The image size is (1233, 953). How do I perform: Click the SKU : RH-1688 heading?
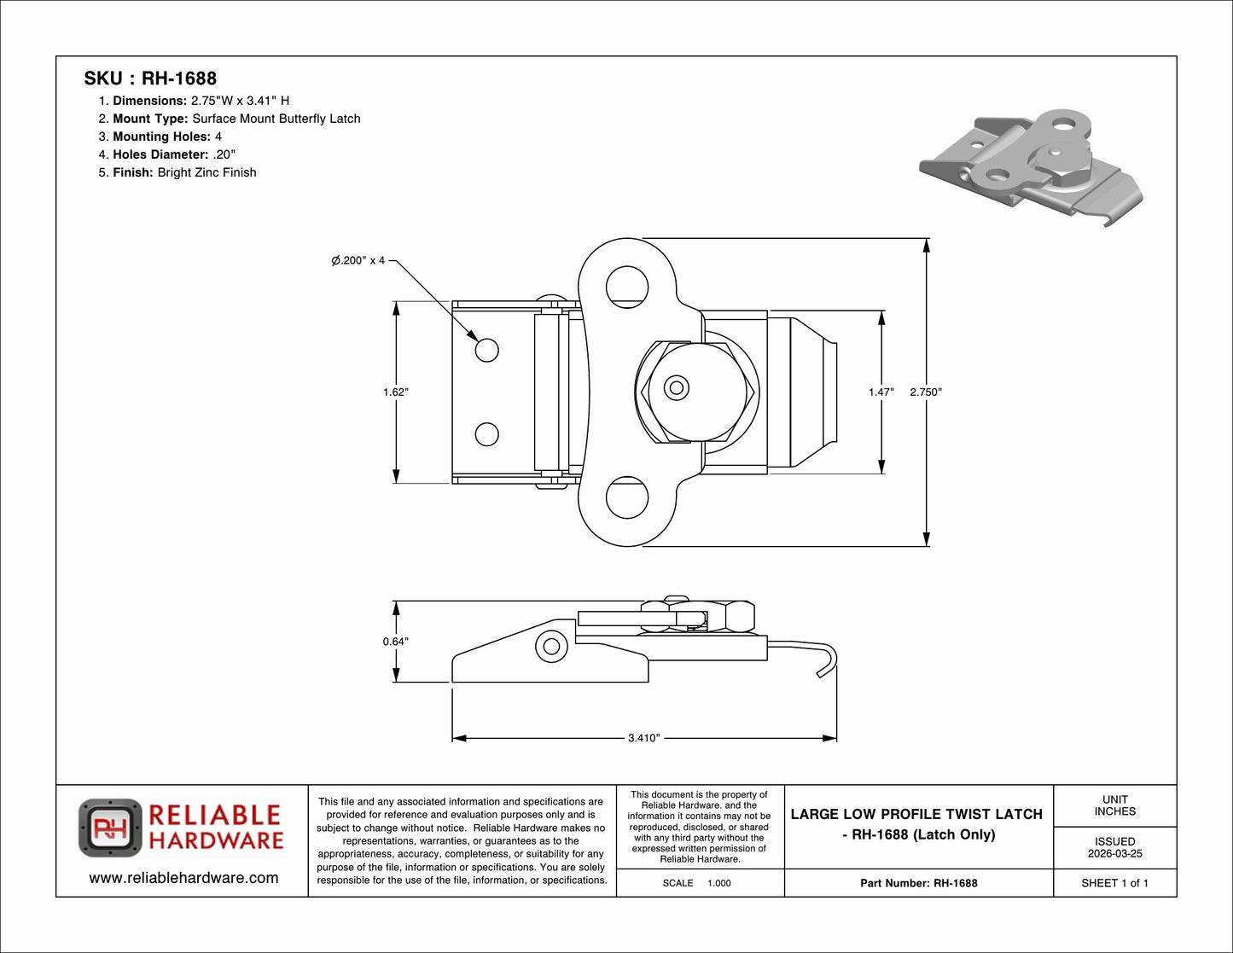tap(150, 78)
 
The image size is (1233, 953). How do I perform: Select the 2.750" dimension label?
tap(925, 392)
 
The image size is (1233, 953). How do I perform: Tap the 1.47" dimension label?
tap(881, 392)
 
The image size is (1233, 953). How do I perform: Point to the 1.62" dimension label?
tap(395, 392)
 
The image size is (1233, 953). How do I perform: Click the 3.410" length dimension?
tap(643, 738)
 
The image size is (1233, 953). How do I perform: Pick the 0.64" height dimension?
tap(395, 642)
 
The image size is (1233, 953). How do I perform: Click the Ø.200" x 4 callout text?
tap(358, 260)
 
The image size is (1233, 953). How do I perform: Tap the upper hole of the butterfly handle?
tap(627, 287)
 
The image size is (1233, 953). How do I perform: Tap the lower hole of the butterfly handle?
tap(627, 497)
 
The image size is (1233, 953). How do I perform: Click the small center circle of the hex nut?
tap(677, 388)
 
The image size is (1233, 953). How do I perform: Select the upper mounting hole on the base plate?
tap(486, 350)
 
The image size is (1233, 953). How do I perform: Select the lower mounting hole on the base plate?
tap(486, 434)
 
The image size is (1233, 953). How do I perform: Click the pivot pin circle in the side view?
tap(551, 646)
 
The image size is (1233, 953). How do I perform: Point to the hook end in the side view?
tap(829, 662)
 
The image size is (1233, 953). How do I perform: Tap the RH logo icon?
tap(110, 828)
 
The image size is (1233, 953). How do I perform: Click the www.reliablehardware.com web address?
tap(183, 878)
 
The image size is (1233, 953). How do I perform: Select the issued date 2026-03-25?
tap(1114, 853)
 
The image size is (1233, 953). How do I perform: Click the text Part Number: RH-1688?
tap(918, 883)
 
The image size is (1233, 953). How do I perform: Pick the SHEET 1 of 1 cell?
tap(1114, 883)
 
